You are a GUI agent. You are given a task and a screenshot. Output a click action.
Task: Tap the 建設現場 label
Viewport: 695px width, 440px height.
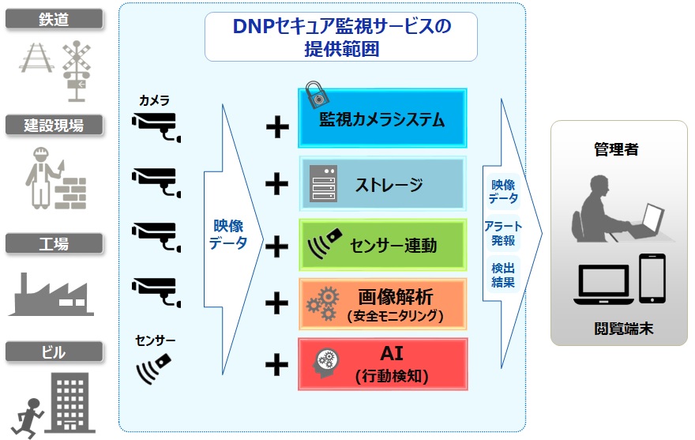pos(54,124)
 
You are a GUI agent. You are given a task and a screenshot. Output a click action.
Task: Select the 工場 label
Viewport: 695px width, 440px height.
pos(54,243)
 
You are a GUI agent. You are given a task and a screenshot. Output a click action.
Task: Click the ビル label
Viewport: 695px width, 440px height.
pos(54,351)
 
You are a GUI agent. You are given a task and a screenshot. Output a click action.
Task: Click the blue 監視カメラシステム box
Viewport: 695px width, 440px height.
pos(382,118)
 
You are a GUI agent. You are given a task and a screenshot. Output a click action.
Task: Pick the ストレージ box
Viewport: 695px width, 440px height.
pos(382,185)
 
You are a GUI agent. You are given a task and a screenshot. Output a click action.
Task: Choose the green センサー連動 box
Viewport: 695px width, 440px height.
pos(382,244)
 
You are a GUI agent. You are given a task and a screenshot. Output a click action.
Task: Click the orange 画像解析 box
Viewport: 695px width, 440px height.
pos(382,303)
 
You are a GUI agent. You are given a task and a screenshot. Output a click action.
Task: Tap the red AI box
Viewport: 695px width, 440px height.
pos(382,364)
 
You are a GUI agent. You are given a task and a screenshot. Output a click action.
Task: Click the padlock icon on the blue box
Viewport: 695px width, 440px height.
pos(315,93)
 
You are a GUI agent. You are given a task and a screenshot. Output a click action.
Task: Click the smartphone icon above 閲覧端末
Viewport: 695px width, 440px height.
pos(652,277)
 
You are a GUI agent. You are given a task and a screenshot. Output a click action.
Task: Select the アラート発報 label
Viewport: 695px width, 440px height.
pos(503,232)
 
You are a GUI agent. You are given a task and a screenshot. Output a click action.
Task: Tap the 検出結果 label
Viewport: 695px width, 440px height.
pos(503,275)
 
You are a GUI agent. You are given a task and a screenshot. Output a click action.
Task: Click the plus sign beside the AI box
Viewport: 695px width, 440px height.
pos(276,364)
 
